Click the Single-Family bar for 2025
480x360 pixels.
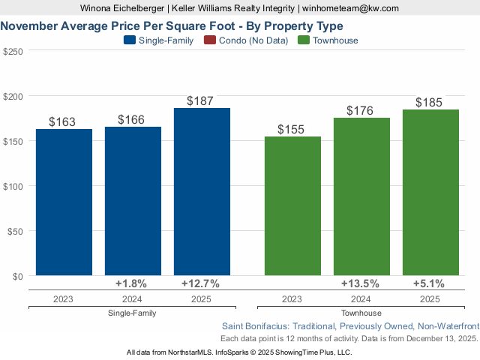tap(202, 192)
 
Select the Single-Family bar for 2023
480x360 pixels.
tap(64, 202)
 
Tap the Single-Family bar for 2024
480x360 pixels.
tap(133, 201)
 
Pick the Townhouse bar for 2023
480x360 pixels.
tap(292, 206)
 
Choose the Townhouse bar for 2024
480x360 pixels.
tap(361, 196)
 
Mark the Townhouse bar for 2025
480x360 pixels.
tap(430, 193)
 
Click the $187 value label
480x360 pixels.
tap(202, 100)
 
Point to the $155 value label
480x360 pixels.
tap(291, 129)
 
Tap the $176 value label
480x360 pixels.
tap(360, 110)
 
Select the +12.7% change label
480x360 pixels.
tap(200, 283)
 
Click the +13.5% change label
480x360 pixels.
tap(360, 283)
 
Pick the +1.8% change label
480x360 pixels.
tap(131, 283)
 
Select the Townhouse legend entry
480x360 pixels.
tap(328, 40)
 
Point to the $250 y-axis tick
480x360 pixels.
tap(13, 51)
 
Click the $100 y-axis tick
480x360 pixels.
tap(13, 186)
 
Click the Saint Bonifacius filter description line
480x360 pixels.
tap(350, 326)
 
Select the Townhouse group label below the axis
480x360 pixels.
tap(361, 313)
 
